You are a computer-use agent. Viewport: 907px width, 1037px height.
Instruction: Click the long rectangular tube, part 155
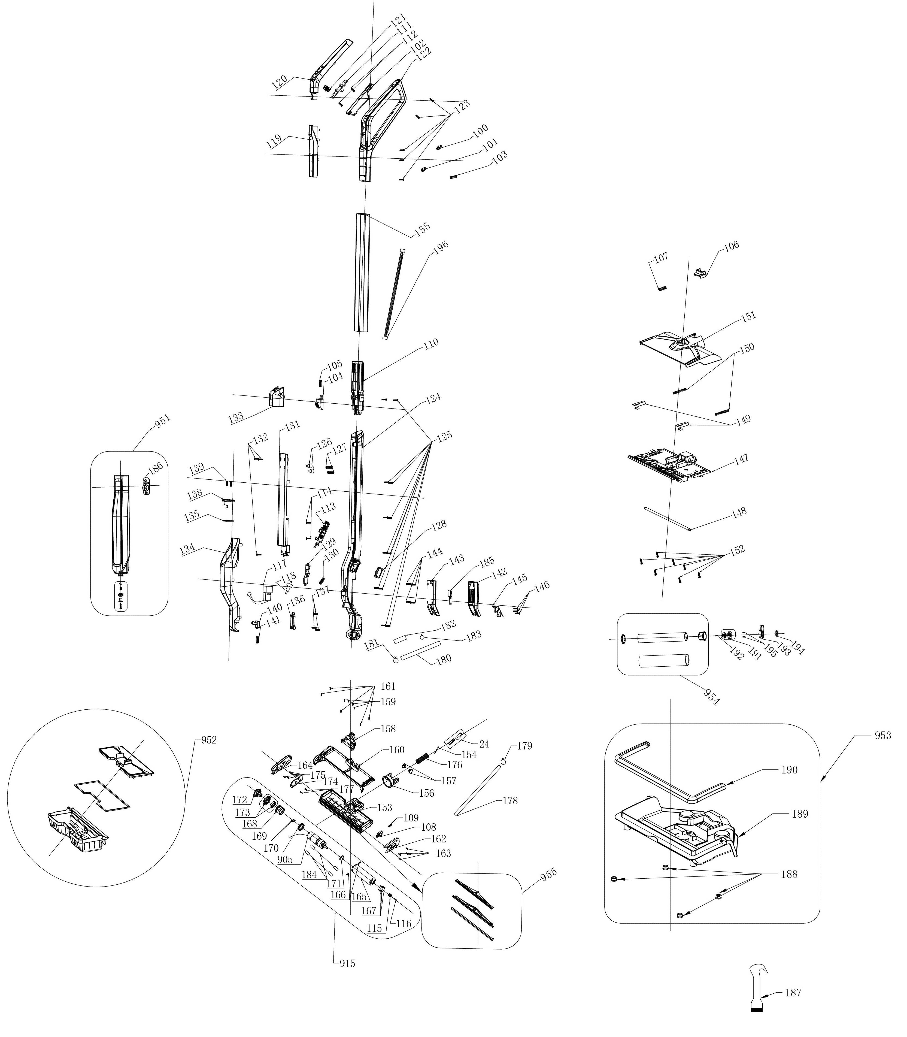click(x=362, y=273)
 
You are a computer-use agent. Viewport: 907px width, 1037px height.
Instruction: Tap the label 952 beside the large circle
click(x=209, y=740)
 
